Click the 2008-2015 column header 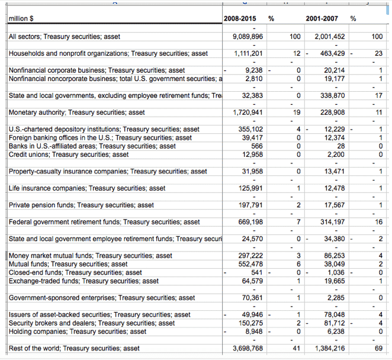240,19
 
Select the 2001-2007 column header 322,19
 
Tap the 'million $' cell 21,19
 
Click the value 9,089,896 249,37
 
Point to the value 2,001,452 330,37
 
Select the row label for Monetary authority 77,112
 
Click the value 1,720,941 249,112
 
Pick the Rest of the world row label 74,349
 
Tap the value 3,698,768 249,349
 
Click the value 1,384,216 330,349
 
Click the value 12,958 253,155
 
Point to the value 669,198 251,222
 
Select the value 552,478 251,264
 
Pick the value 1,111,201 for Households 249,54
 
